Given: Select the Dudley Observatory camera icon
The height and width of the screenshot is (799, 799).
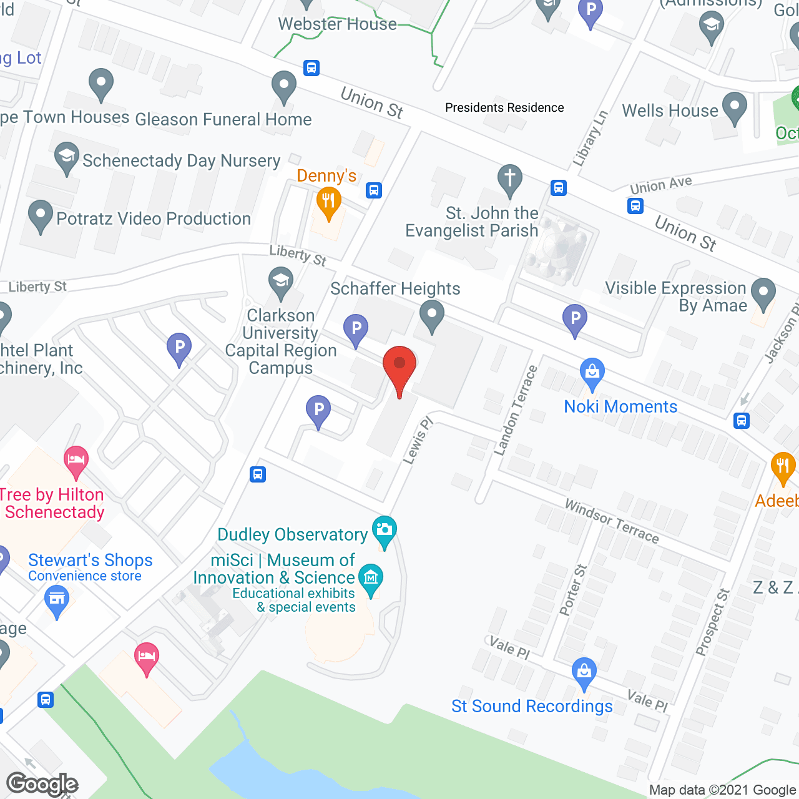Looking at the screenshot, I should click(384, 531).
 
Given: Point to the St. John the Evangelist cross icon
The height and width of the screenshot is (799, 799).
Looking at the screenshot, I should click(510, 179).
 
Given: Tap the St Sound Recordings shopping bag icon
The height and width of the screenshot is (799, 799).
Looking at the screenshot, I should click(584, 672).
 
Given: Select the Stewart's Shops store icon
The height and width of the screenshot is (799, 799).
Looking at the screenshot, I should click(57, 600).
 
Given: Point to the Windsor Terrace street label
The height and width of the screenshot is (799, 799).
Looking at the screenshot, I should click(611, 521).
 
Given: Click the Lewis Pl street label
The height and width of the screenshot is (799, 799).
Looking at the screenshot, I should click(418, 441).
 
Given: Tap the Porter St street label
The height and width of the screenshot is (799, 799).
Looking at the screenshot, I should click(573, 590).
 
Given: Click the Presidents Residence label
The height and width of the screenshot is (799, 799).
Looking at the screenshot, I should click(504, 107).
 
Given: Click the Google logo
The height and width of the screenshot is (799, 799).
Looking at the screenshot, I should click(42, 784).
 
